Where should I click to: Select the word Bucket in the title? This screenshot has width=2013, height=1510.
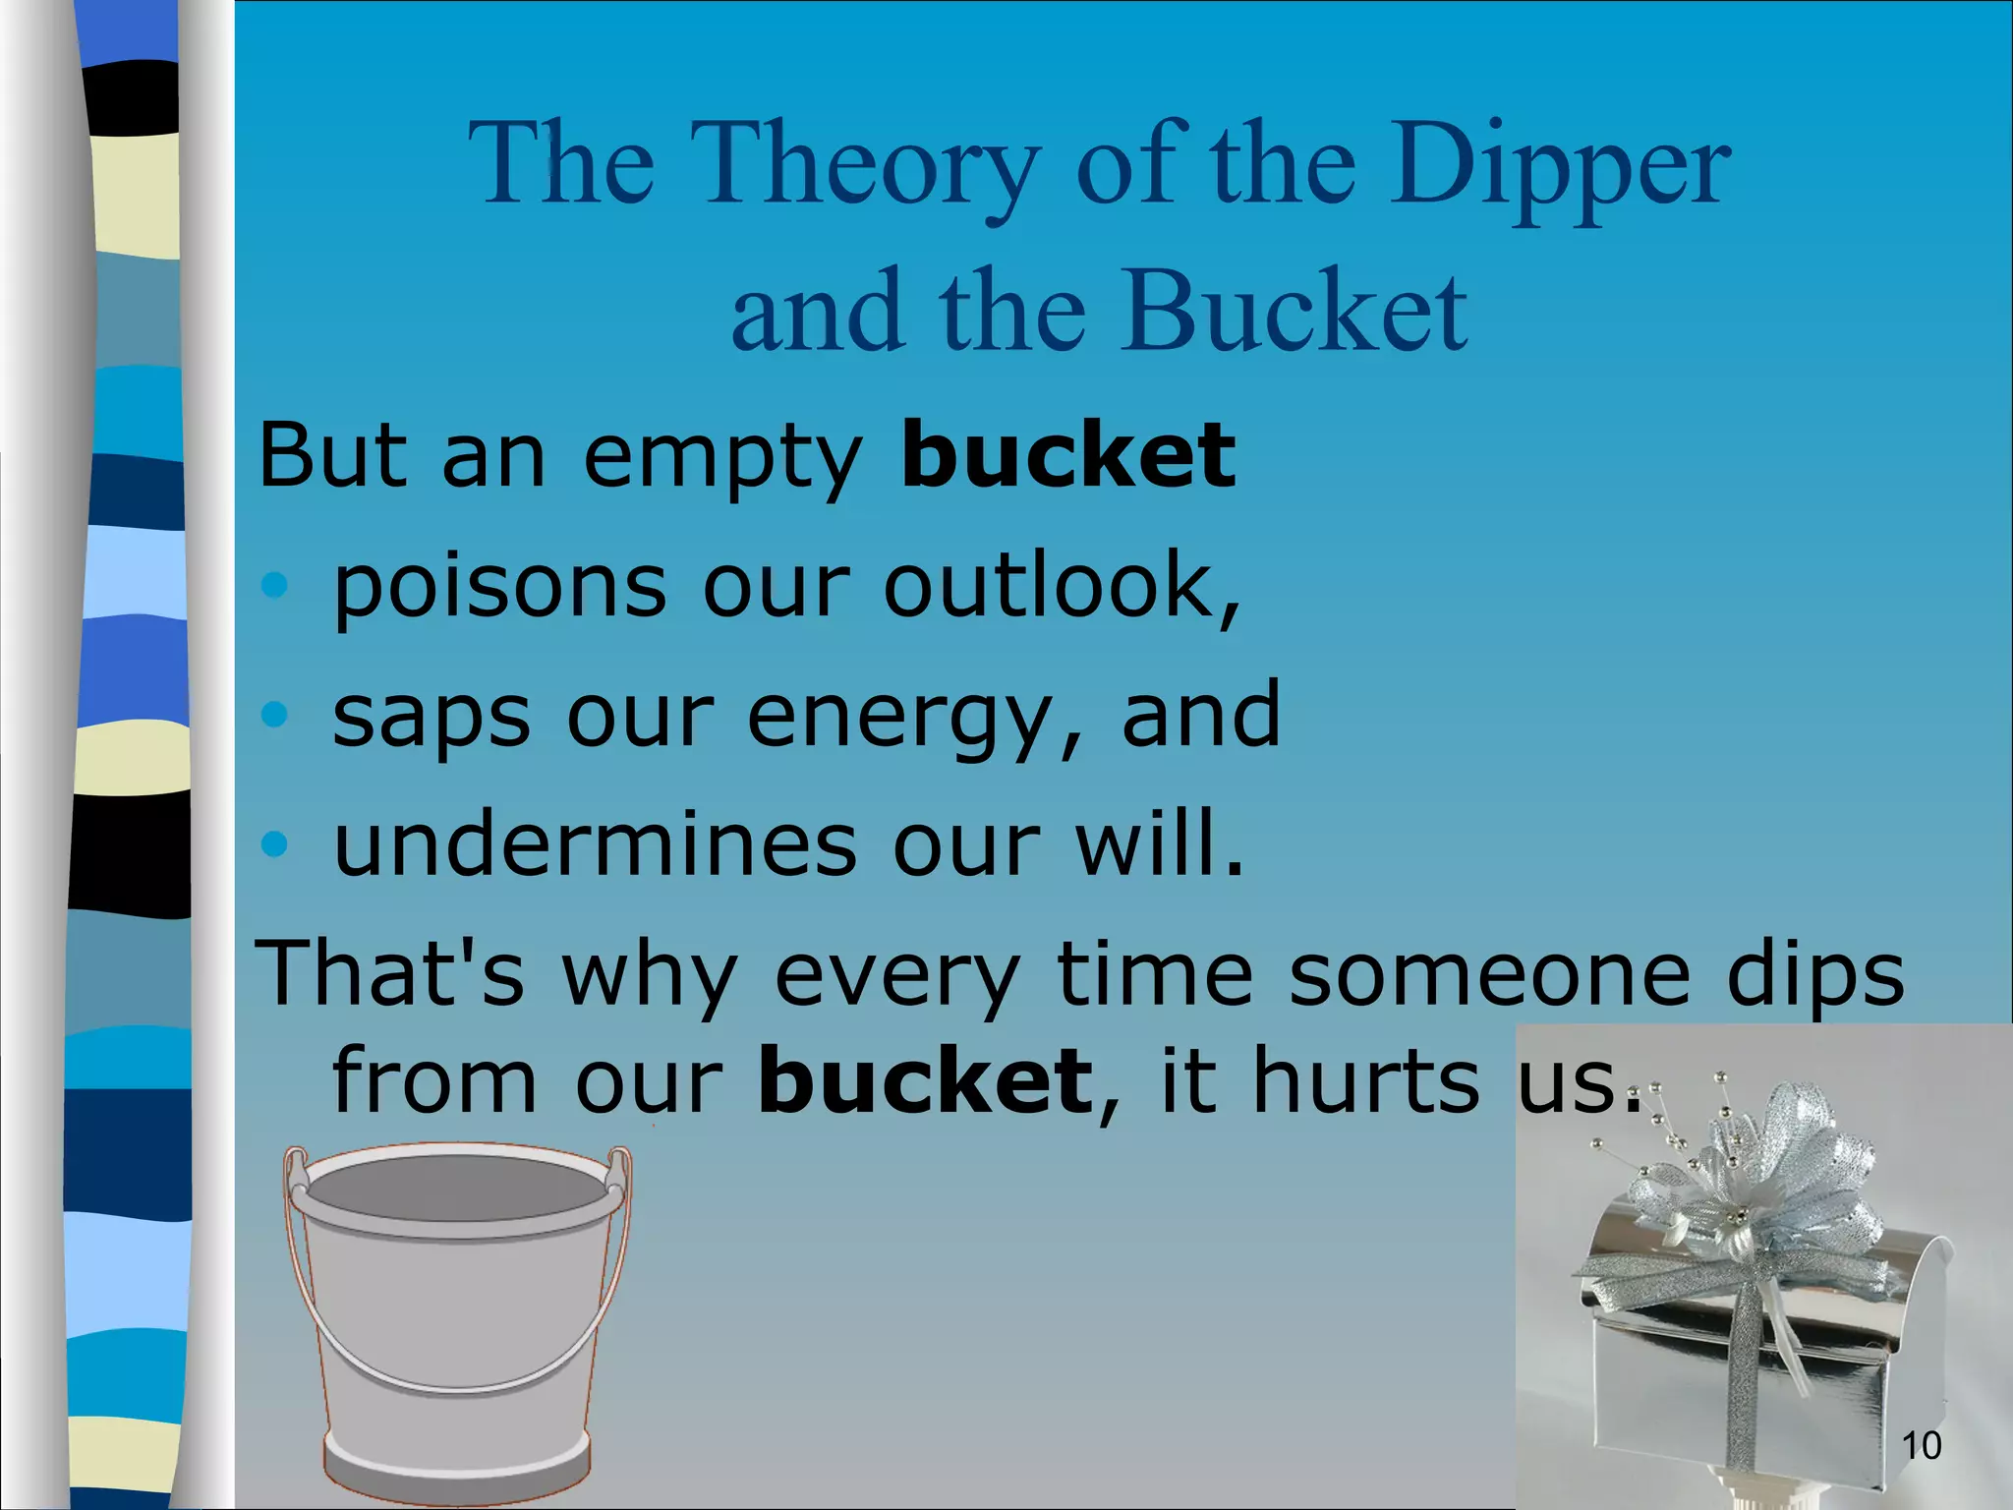1297,313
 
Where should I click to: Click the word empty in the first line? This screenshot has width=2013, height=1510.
722,457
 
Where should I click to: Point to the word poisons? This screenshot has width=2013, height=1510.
499,587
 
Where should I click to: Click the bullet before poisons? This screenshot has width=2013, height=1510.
275,586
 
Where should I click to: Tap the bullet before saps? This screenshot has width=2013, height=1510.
275,716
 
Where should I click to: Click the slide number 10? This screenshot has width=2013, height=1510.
1921,1445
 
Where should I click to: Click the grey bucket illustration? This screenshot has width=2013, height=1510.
457,1317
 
